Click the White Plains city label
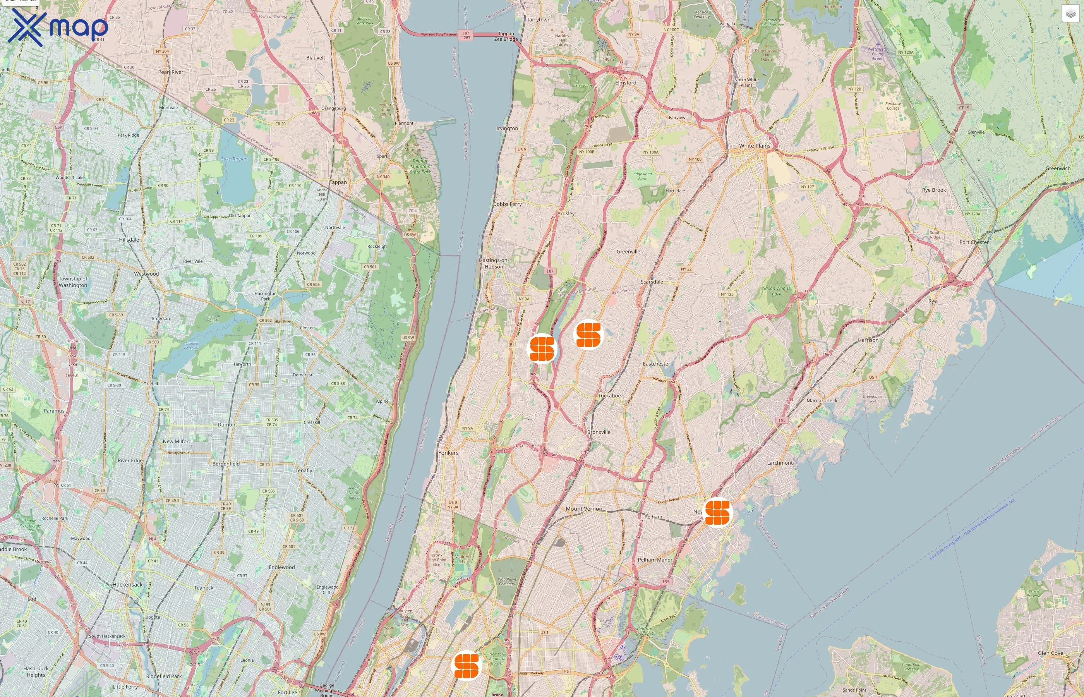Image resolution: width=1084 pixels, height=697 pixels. coord(754,146)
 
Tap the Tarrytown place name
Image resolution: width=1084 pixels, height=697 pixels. coord(539,20)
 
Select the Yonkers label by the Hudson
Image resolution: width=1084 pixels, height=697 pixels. coord(448,453)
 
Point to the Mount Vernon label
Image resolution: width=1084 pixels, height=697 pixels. coord(584,509)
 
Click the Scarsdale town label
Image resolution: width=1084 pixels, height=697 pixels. coord(652,282)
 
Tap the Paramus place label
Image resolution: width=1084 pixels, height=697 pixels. coord(54,411)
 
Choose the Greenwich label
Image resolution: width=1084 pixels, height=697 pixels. coord(1057,168)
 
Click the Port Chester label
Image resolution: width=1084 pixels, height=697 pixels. coord(974,242)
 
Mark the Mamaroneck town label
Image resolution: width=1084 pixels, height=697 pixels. coord(822,400)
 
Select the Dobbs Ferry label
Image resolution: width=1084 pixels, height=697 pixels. coord(507,204)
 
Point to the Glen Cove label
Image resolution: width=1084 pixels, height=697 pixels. coord(1050,653)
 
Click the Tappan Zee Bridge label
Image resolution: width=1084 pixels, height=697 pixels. coord(506,36)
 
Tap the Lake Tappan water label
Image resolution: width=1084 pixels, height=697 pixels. coord(234,159)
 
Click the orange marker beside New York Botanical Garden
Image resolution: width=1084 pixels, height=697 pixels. coord(466,665)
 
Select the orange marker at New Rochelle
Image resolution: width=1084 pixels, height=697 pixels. coord(717,512)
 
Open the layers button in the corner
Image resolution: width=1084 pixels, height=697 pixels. coord(1070,14)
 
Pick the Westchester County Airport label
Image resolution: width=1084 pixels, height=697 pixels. coord(878,54)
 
